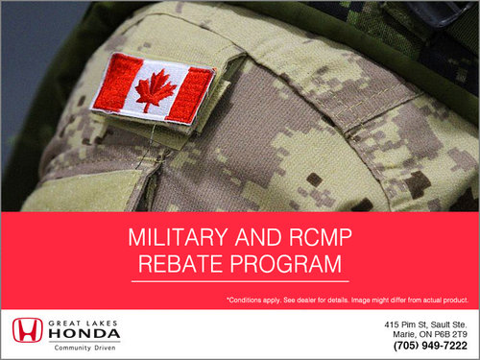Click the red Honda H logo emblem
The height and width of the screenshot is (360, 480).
[28, 330]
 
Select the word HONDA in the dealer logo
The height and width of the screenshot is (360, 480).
[84, 334]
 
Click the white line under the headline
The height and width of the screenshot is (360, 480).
[240, 281]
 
